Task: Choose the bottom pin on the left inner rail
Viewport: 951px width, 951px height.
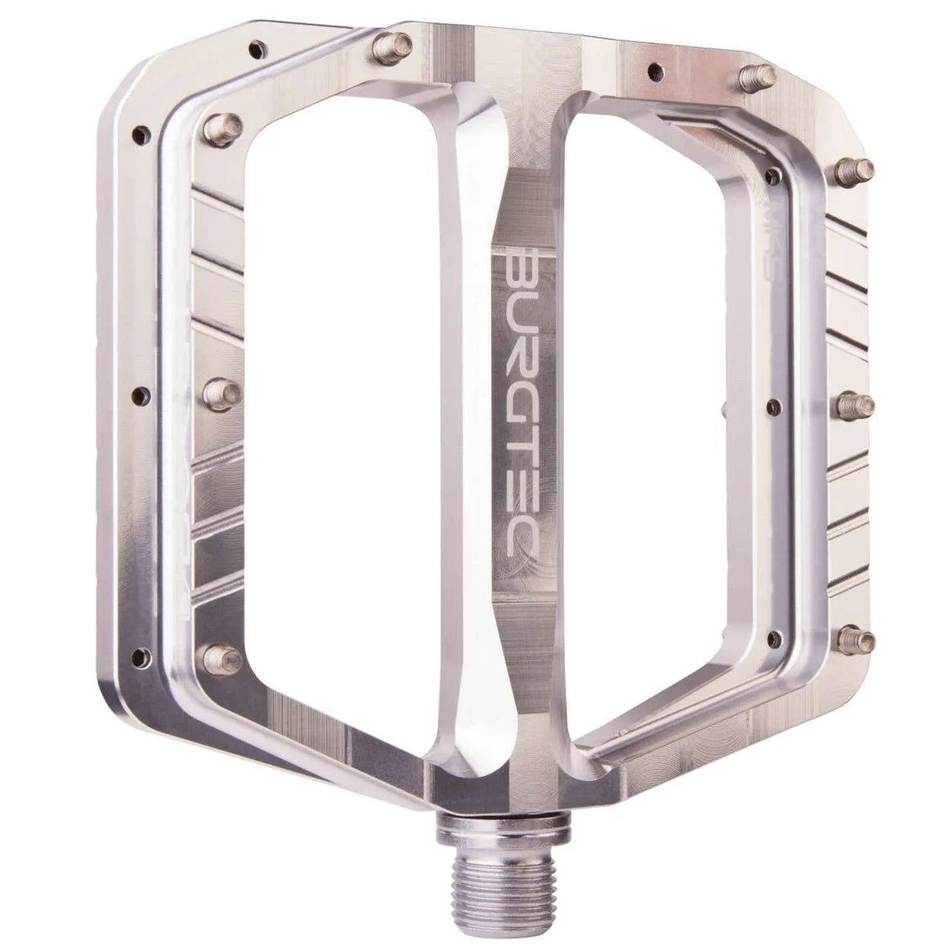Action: tap(219, 656)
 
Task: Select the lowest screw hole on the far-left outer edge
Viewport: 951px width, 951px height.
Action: tap(141, 653)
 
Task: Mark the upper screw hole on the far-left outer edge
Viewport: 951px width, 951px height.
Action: tap(142, 133)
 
